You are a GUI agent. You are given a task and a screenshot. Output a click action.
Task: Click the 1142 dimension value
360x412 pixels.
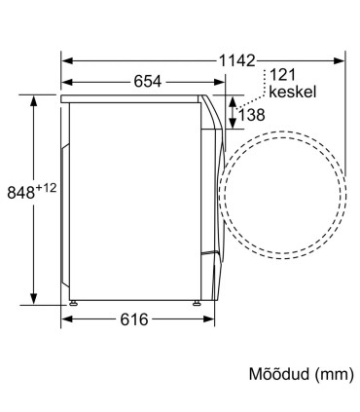[x=237, y=60]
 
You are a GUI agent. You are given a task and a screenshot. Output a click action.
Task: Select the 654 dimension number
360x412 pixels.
[x=148, y=82]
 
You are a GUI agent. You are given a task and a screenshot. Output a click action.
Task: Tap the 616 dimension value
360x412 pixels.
[x=134, y=319]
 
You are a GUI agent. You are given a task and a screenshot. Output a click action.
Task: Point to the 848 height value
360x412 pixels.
[x=21, y=192]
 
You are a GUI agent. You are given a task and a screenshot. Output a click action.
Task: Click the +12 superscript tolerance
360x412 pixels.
[x=46, y=188]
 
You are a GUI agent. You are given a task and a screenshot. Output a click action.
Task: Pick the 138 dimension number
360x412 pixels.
[x=252, y=115]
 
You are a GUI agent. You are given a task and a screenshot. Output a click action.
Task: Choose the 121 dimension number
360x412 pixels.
[x=282, y=75]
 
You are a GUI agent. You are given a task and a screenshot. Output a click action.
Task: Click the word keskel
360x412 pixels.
[x=292, y=92]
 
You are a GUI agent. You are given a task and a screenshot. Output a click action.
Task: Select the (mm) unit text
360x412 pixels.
[x=335, y=374]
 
